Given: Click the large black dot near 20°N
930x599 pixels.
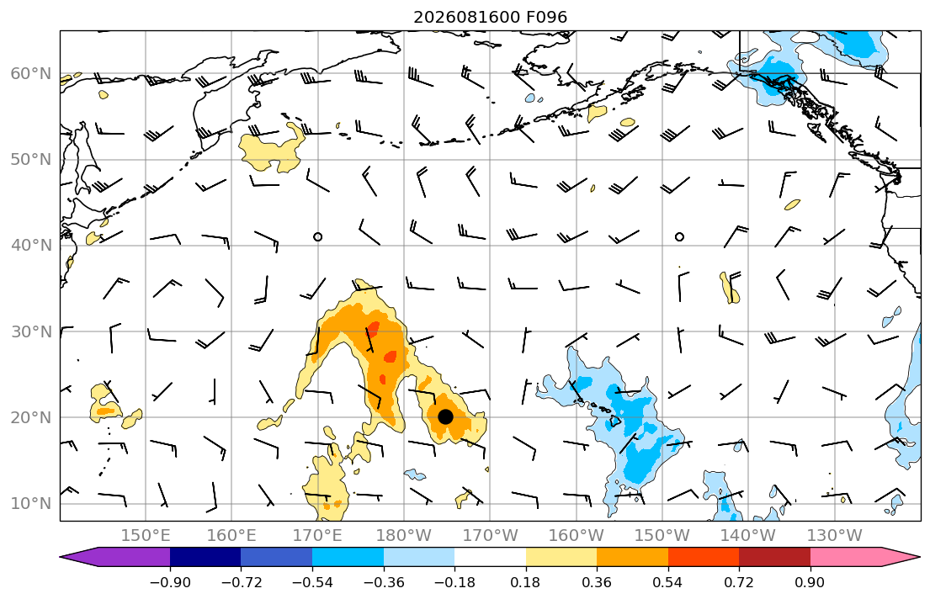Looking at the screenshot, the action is (445, 417).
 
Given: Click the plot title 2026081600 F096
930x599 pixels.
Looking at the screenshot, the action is (490, 17).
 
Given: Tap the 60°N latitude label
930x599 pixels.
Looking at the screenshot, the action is (31, 73).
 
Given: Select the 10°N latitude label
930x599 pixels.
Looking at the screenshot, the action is (31, 504).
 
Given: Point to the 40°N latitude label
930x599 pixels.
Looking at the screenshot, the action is (31, 246).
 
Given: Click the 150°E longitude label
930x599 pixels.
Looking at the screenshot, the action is (146, 536).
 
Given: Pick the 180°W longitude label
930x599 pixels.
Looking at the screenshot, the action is (404, 536).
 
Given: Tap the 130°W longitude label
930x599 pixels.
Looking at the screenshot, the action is (835, 536).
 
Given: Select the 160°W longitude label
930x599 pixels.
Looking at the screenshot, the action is (576, 536).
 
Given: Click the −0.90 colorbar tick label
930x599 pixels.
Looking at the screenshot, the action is (170, 582).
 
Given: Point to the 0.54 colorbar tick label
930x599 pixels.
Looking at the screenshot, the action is (668, 582).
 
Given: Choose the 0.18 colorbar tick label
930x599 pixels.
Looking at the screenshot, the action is (525, 582).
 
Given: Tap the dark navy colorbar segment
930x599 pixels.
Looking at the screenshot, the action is (205, 557).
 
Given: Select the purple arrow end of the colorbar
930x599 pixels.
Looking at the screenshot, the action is (115, 557).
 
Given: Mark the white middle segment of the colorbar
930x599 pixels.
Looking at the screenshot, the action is (490, 557).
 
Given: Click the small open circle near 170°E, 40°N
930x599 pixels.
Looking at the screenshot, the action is (318, 236).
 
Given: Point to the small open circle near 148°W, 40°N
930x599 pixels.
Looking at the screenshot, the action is (680, 236).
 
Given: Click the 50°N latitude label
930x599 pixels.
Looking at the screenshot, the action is (31, 160).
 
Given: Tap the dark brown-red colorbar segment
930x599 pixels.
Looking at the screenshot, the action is (774, 557).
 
